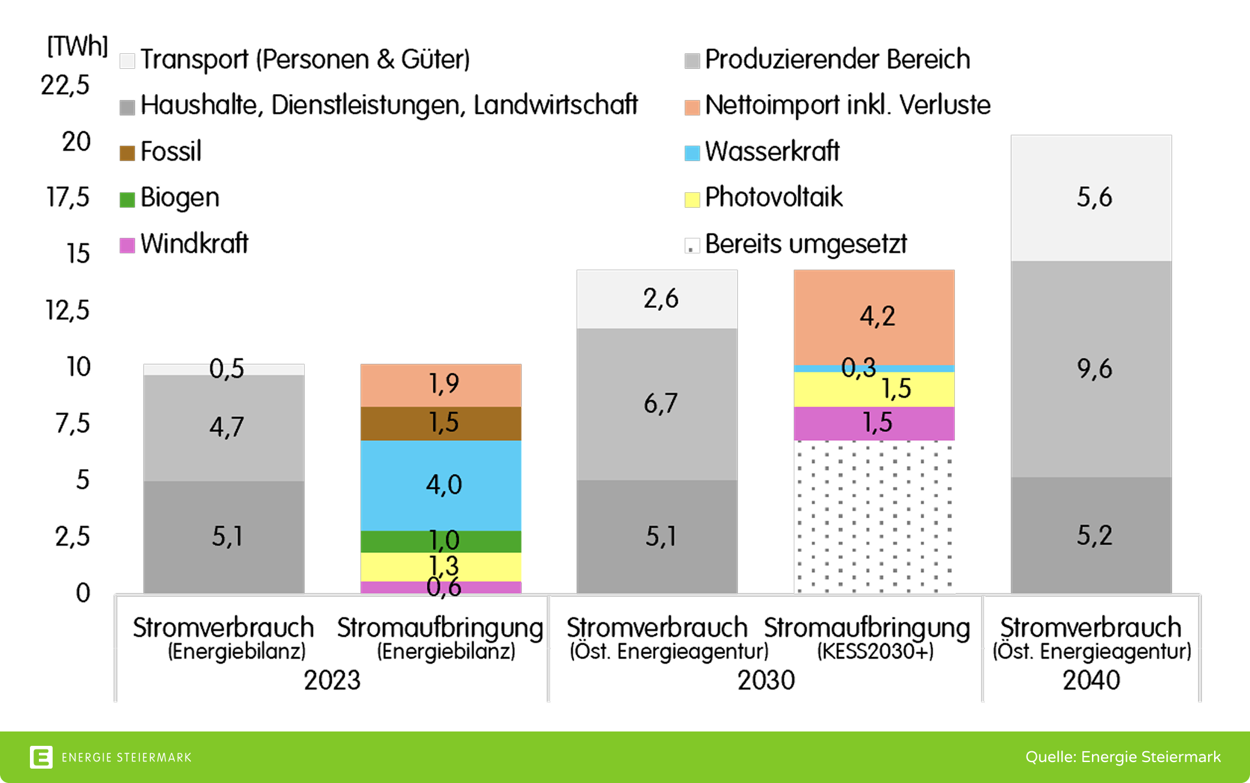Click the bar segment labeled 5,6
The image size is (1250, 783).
click(1091, 198)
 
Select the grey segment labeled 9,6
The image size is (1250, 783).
click(1091, 368)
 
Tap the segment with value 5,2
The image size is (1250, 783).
click(1091, 535)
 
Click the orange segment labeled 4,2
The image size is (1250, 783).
click(874, 316)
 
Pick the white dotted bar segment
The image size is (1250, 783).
click(874, 516)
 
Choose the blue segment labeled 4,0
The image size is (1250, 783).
click(441, 485)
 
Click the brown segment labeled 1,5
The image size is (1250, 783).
click(441, 423)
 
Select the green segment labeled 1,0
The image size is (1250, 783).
click(441, 541)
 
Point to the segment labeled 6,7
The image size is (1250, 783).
click(657, 404)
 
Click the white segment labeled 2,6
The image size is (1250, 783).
click(657, 298)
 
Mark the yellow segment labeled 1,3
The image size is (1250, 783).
click(441, 566)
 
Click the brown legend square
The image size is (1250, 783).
click(127, 153)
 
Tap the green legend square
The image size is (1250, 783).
click(127, 199)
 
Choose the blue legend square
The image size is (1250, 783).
click(692, 153)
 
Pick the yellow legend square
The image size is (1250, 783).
click(692, 199)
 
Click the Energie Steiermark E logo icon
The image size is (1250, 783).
click(41, 757)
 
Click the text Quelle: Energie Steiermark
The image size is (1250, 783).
click(1122, 757)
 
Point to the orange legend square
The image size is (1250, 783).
click(692, 108)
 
